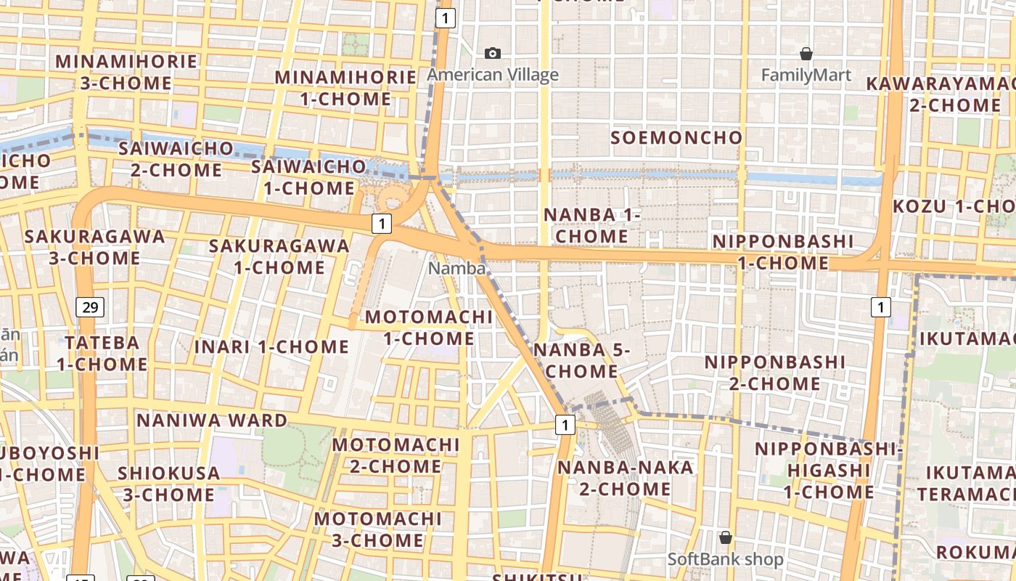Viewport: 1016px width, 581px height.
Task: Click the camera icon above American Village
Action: click(493, 53)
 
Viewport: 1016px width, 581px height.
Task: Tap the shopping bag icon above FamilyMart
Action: click(806, 54)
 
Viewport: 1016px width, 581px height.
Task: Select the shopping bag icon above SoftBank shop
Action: click(725, 537)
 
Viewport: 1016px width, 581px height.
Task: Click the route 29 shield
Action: click(90, 307)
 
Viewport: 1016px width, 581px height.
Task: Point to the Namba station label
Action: click(456, 268)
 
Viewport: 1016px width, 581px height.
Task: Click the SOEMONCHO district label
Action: click(676, 137)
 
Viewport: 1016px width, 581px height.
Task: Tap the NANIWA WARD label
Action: click(212, 420)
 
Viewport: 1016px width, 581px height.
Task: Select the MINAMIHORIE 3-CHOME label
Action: click(116, 72)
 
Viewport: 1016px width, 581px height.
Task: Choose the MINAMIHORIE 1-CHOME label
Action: click(345, 88)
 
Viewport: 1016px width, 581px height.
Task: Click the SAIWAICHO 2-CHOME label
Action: click(176, 159)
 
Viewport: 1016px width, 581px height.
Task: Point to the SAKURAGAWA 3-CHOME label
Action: click(94, 247)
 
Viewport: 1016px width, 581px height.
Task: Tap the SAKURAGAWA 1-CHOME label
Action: click(279, 256)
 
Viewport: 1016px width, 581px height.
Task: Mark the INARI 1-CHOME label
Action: click(271, 346)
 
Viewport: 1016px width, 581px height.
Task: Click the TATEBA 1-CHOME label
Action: click(102, 353)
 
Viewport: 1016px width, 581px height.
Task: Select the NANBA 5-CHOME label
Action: click(581, 361)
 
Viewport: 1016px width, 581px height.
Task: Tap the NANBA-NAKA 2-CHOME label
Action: click(625, 478)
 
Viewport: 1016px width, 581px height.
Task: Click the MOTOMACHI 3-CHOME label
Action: click(377, 529)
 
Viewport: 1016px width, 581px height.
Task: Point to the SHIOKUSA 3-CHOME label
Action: click(168, 484)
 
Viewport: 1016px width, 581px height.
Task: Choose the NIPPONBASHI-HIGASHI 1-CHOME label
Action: click(829, 470)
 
